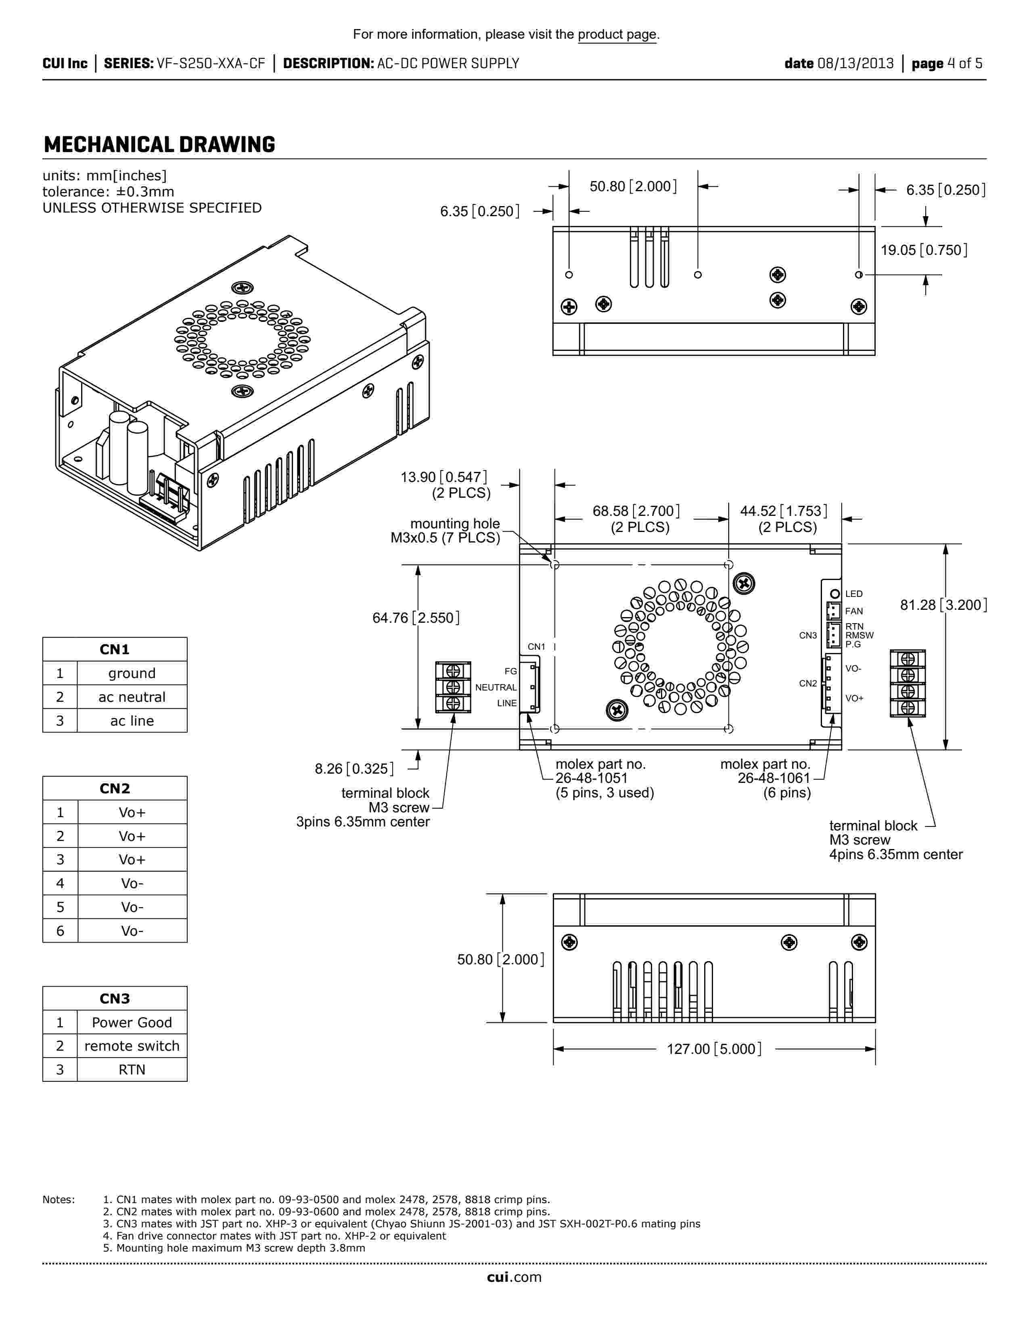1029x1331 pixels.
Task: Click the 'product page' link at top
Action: pos(617,35)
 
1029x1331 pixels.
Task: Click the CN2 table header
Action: pos(115,788)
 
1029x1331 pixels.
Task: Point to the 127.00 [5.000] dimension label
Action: pos(714,1049)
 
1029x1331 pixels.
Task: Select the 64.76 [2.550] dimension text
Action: pos(416,618)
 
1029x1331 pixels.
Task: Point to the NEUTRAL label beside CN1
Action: pos(496,687)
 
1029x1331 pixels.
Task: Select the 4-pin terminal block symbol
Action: pos(908,683)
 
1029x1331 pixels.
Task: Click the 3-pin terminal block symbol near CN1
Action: pos(453,687)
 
